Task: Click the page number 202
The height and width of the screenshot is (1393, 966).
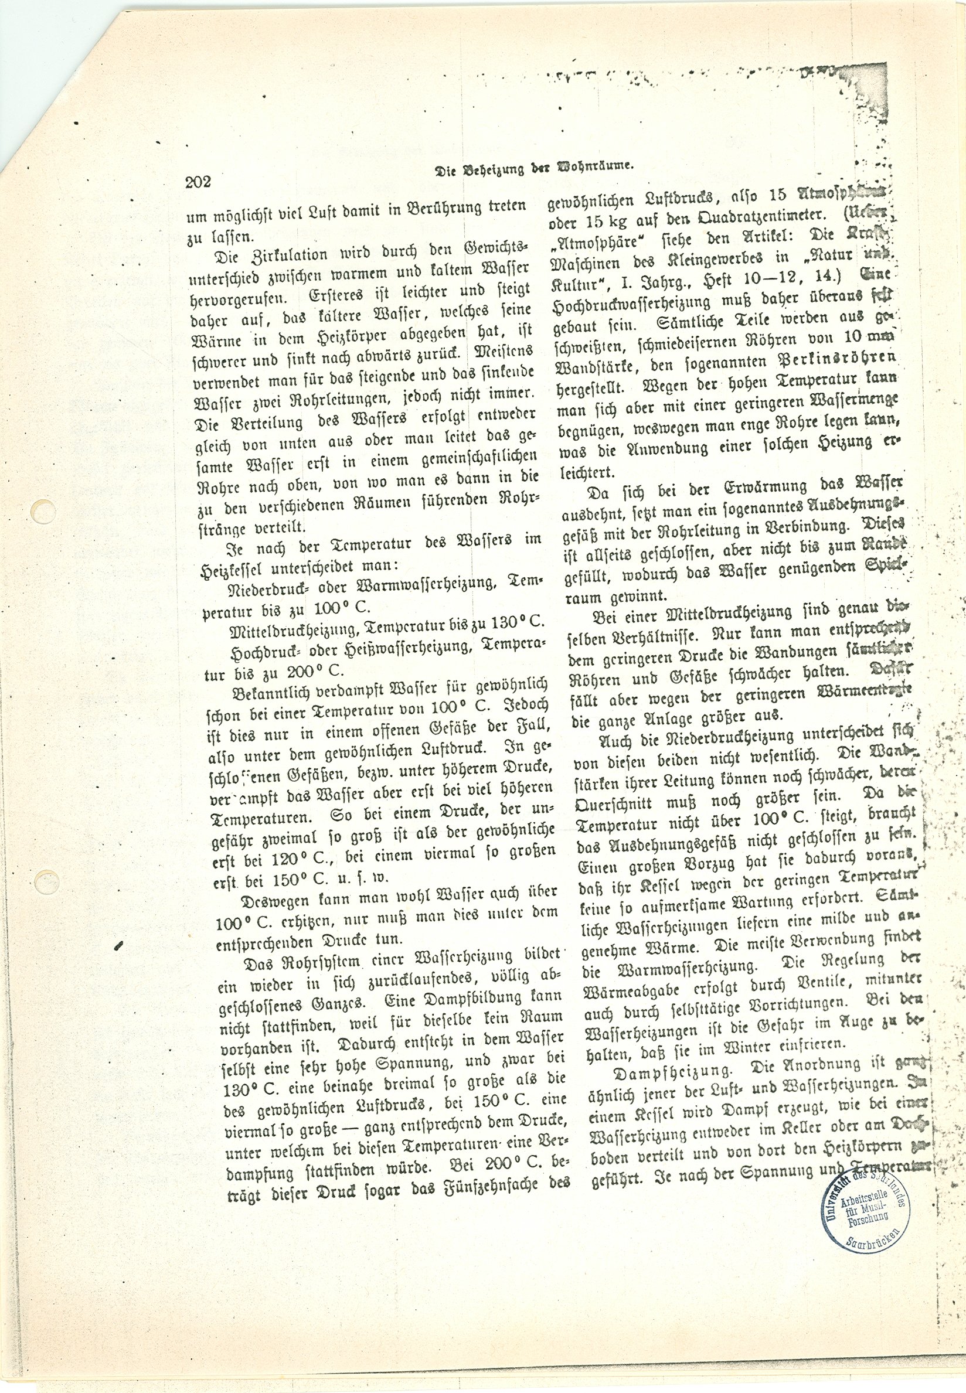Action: [x=198, y=182]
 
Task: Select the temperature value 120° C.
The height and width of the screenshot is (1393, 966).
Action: [x=312, y=857]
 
